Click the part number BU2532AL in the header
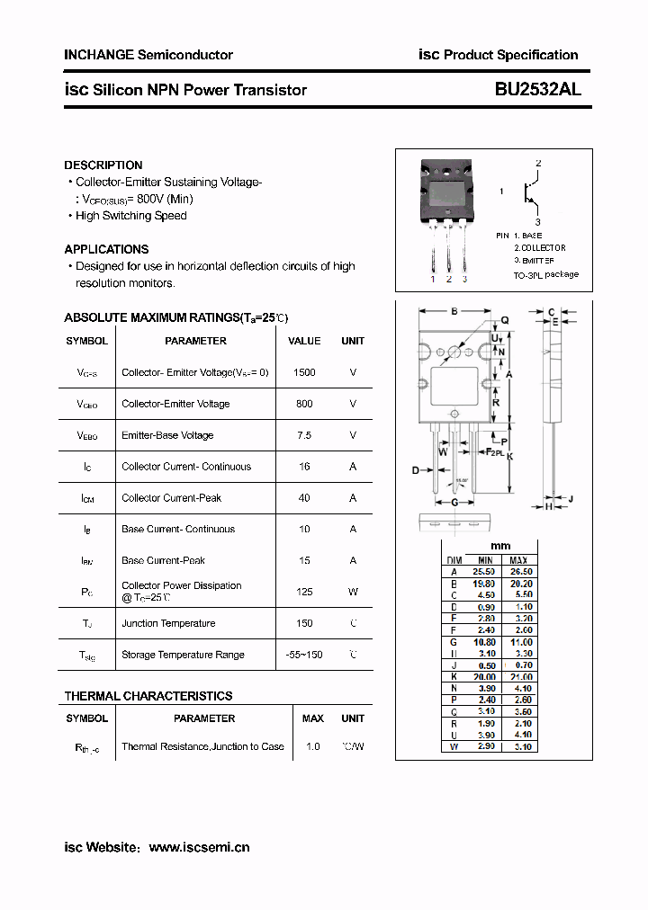[537, 90]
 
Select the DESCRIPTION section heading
[103, 165]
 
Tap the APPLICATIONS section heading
[106, 249]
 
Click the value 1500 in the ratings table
[304, 372]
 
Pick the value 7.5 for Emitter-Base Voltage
[304, 435]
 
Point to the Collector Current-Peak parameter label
[171, 498]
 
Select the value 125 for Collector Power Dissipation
[304, 592]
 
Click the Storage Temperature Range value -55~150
[304, 655]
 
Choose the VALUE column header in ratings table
[304, 341]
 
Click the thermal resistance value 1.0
[313, 746]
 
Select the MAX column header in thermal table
[313, 718]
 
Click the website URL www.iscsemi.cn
[199, 847]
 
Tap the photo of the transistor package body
[447, 192]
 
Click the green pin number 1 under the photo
[433, 279]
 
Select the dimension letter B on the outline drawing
[454, 312]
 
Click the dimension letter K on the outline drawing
[509, 457]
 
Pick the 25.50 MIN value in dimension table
[484, 571]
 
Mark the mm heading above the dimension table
[500, 546]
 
